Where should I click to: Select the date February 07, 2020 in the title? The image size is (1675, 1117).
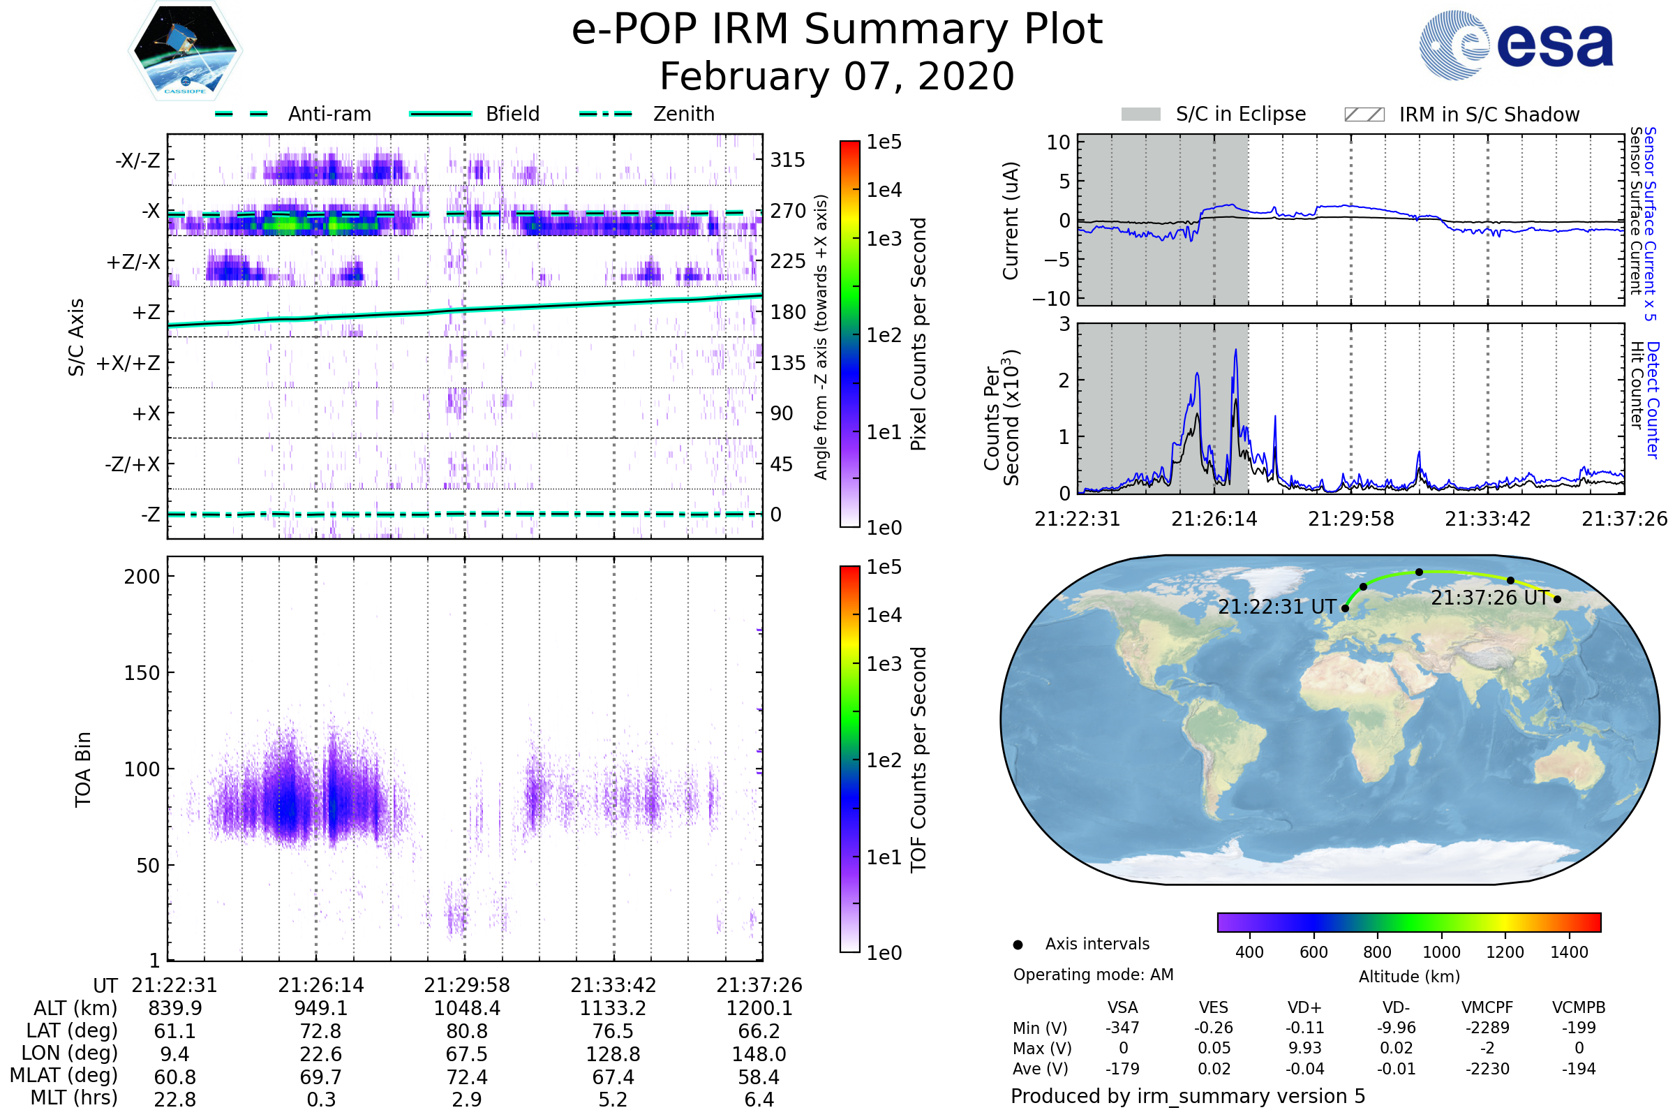pos(837,77)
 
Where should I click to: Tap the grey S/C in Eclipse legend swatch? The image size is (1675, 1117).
pos(1140,114)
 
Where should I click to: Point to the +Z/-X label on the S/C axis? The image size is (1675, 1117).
pos(133,262)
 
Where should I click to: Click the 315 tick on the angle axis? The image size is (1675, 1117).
pos(788,161)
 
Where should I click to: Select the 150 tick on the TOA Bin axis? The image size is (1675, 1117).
pos(142,673)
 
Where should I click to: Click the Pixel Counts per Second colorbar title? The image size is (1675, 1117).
pos(918,334)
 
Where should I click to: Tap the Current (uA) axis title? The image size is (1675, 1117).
pos(1011,221)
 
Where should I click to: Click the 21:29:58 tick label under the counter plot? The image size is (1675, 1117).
pos(1351,519)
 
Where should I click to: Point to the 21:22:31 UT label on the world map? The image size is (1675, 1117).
pos(1277,607)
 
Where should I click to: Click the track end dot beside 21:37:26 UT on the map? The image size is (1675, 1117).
pos(1558,599)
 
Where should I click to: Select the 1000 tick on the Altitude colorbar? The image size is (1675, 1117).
pos(1441,952)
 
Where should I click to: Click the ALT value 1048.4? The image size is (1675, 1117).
pos(467,1009)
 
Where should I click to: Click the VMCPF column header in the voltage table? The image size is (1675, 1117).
pos(1487,1007)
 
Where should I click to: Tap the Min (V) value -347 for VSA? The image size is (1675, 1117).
pos(1122,1028)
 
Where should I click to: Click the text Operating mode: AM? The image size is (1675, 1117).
pos(1093,975)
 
